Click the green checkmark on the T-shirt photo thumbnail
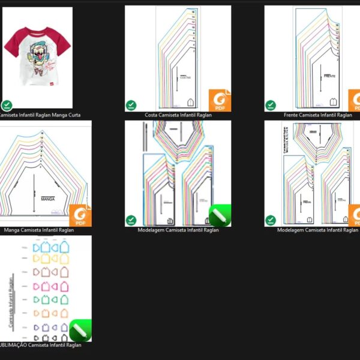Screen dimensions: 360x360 point(7,105)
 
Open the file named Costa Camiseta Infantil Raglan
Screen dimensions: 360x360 point(178,115)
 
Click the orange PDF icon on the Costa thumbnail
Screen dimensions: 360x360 point(220,100)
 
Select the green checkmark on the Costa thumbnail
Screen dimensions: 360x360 point(131,106)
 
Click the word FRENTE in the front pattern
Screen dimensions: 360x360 point(329,77)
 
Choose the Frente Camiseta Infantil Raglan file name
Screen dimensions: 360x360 point(319,115)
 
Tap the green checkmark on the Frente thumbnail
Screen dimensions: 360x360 point(271,106)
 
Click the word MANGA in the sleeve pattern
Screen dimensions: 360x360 point(48,197)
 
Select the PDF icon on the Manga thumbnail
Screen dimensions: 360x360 point(80,215)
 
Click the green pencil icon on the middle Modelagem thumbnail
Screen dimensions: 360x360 point(220,215)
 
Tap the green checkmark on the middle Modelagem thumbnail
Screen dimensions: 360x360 point(131,220)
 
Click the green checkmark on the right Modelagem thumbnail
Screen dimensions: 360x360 point(271,220)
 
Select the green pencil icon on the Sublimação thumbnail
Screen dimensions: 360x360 point(80,330)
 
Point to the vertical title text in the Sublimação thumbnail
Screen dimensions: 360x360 point(11,300)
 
